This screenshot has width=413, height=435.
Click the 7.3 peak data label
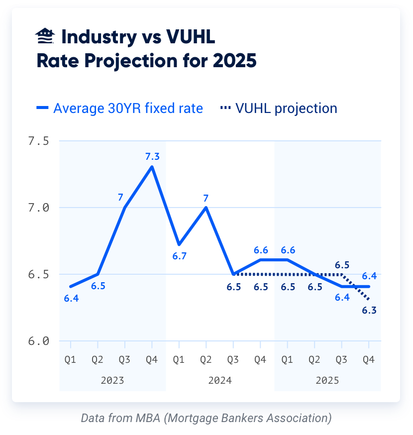(152, 157)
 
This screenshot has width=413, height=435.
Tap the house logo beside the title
(46, 37)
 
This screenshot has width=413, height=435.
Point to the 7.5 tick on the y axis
(38, 141)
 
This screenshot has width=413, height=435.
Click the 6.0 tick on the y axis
(38, 341)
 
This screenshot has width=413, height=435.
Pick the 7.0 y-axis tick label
(38, 208)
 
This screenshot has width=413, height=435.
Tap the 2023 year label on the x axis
(112, 381)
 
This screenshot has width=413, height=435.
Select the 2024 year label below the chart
(220, 381)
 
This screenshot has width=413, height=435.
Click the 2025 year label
(327, 381)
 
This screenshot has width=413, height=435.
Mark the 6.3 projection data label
(369, 311)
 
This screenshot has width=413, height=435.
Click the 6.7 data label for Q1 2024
(179, 256)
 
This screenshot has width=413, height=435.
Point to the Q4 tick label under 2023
(152, 359)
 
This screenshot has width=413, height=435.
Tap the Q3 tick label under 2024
(233, 359)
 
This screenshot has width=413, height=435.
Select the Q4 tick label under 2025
(368, 359)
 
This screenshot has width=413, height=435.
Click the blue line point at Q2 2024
(206, 208)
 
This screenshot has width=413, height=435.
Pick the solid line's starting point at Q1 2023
(71, 287)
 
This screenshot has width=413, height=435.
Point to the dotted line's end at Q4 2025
(368, 300)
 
